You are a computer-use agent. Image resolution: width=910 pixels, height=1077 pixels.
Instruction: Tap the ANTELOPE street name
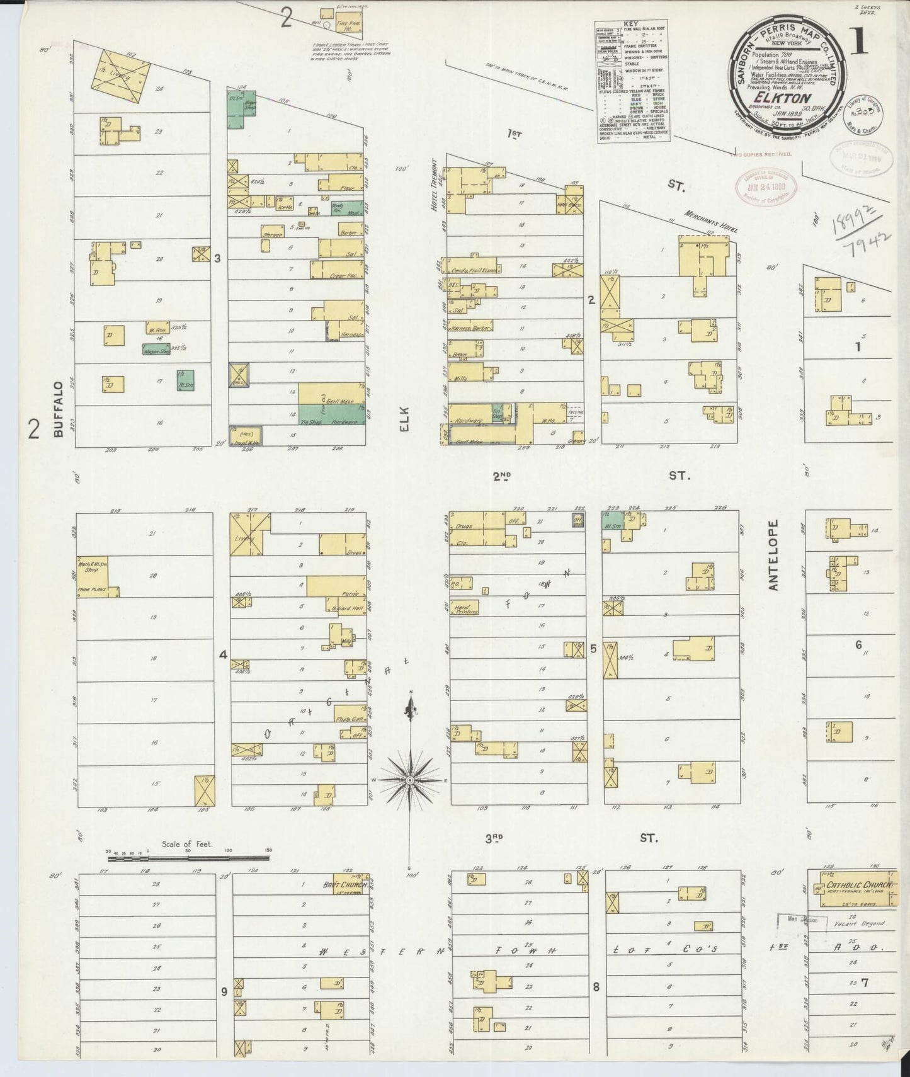(x=774, y=555)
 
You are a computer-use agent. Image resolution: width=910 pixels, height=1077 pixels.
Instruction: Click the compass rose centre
(x=410, y=780)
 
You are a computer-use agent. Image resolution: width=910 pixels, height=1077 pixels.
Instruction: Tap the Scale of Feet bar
(x=188, y=857)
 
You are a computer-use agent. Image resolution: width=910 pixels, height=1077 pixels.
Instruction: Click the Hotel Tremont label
(x=434, y=192)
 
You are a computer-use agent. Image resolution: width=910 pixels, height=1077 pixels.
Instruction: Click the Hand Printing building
(x=465, y=608)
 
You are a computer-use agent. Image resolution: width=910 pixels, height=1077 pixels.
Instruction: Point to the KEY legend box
(x=632, y=82)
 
